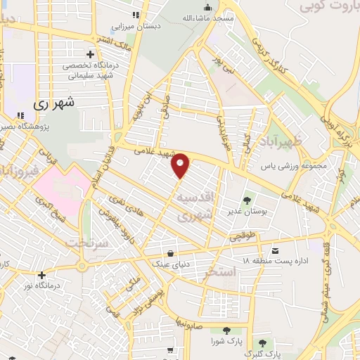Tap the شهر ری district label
coord(54,103)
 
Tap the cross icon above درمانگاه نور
coord(42,274)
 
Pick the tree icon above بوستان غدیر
coord(246,183)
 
